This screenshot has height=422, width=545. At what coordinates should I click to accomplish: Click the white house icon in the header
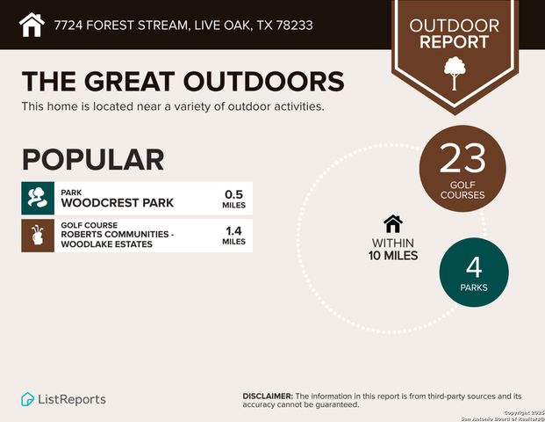point(32,24)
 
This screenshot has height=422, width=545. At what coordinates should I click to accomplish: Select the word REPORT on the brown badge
point(454,41)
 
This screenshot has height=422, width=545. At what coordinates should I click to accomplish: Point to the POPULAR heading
point(93,159)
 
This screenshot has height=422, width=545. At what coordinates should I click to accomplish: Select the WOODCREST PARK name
point(117,203)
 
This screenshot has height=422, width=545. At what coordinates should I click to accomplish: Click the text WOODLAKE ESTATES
point(106,244)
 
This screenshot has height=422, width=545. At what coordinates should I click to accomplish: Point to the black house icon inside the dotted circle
point(392,224)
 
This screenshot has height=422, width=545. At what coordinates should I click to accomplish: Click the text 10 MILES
point(392,256)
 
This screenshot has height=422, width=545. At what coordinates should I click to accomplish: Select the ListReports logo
point(63,399)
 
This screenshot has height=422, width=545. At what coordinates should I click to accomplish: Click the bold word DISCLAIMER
point(268,397)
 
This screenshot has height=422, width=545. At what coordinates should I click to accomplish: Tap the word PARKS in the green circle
point(474,287)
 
